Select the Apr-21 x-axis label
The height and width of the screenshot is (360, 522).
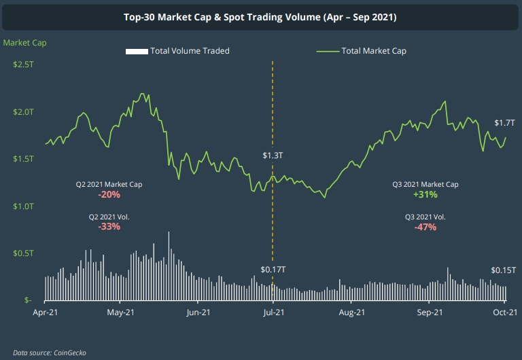pyautogui.click(x=46, y=312)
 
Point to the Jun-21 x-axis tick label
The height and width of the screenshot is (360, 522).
pyautogui.click(x=197, y=312)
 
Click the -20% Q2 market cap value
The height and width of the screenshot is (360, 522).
pyautogui.click(x=109, y=194)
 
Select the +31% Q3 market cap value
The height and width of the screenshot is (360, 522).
pyautogui.click(x=425, y=194)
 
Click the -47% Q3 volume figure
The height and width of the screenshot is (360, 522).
pyautogui.click(x=425, y=227)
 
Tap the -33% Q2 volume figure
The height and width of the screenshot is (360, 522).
pyautogui.click(x=109, y=227)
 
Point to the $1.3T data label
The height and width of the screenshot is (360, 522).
pyautogui.click(x=273, y=156)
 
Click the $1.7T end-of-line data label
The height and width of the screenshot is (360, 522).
pyautogui.click(x=504, y=123)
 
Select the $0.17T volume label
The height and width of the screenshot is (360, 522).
pyautogui.click(x=273, y=270)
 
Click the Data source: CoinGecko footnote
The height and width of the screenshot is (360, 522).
pyautogui.click(x=50, y=353)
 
